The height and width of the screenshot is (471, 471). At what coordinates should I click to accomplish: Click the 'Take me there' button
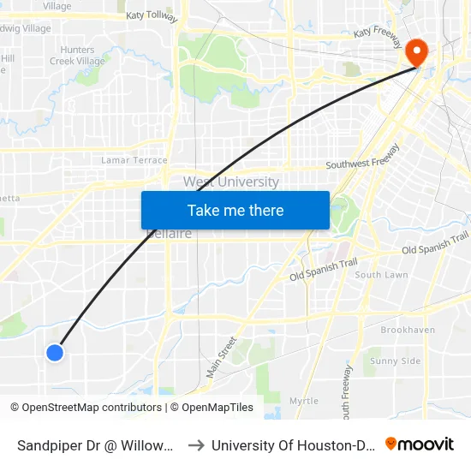(x=235, y=211)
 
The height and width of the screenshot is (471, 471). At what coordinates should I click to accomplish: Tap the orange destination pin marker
(x=417, y=52)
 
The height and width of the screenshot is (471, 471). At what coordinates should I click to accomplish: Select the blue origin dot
(x=55, y=352)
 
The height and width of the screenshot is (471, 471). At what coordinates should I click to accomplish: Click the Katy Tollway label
(x=152, y=16)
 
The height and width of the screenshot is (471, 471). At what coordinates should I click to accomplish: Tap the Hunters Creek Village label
(x=77, y=56)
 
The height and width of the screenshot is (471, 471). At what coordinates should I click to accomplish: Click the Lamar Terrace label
(x=134, y=160)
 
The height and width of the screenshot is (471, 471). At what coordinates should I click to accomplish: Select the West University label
(x=230, y=182)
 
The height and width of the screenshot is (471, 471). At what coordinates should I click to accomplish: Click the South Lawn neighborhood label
(x=381, y=275)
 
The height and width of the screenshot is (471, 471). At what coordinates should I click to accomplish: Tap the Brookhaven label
(x=408, y=330)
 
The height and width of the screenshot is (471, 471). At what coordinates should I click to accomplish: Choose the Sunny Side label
(x=395, y=361)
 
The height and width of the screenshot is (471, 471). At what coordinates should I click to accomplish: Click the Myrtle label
(x=303, y=401)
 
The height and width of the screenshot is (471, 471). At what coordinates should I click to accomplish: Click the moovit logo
(x=420, y=444)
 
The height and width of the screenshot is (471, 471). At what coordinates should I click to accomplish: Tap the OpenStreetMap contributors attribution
(x=87, y=408)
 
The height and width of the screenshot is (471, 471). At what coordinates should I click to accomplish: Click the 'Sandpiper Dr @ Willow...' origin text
(x=97, y=445)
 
